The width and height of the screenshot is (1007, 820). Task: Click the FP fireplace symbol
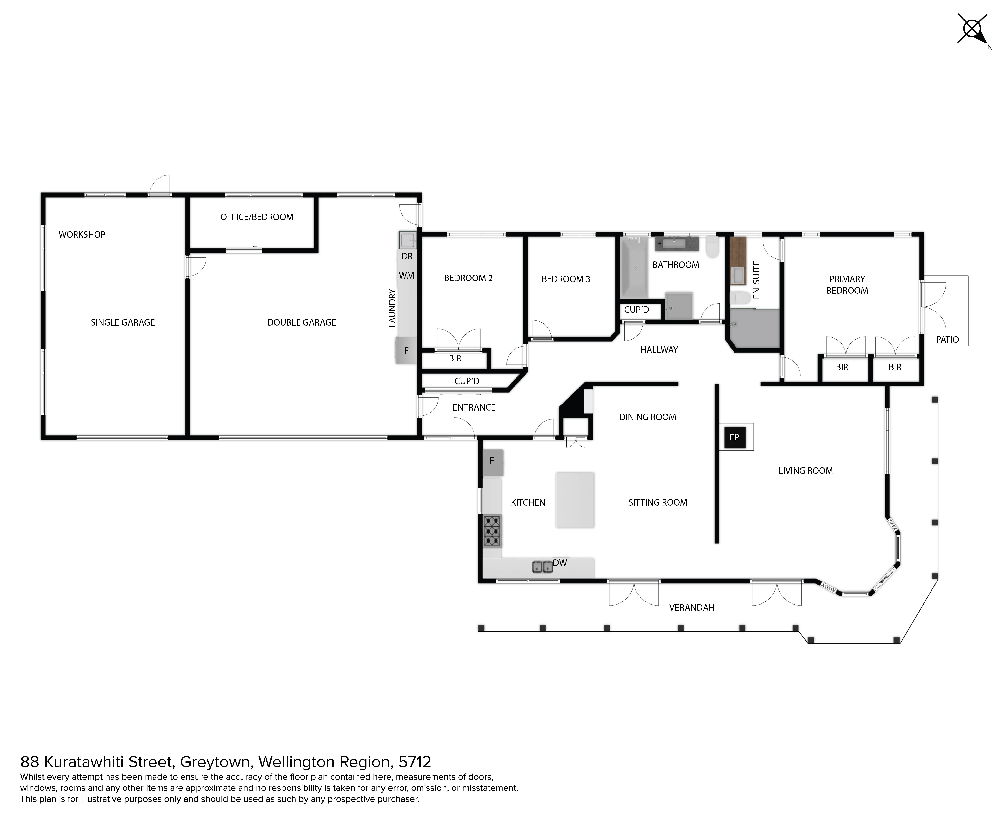point(734,437)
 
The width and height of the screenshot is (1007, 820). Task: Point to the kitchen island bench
point(575,500)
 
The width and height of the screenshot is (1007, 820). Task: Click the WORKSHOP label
point(82,234)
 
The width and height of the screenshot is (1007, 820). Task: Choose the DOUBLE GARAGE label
point(301,322)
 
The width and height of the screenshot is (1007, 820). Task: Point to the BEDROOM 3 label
point(566,279)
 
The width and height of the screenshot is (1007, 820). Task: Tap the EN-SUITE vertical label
point(756,280)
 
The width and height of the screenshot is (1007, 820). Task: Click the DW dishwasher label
point(560,563)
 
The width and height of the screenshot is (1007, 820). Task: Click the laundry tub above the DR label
point(407,240)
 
